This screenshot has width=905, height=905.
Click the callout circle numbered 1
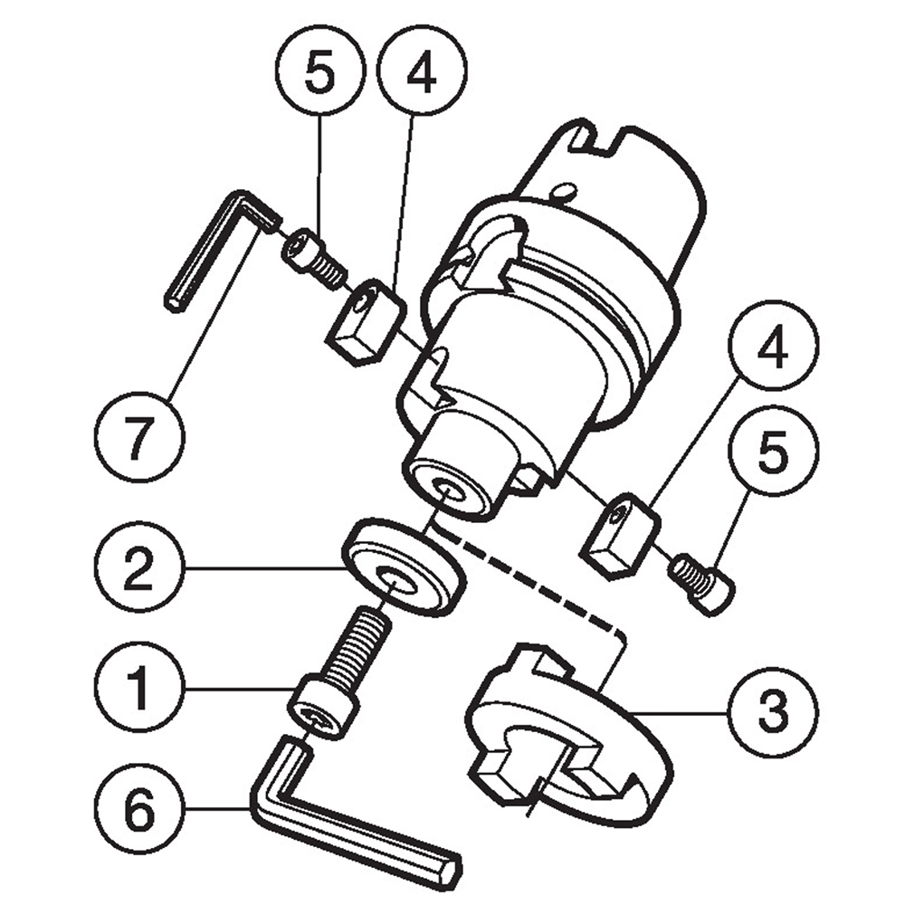pyautogui.click(x=139, y=687)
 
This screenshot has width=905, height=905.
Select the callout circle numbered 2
pyautogui.click(x=139, y=566)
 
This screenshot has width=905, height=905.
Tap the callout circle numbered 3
pyautogui.click(x=773, y=711)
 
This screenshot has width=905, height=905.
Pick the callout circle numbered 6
pyautogui.click(x=139, y=809)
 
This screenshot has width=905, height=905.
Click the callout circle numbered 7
pyautogui.click(x=139, y=436)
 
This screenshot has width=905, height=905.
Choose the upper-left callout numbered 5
pyautogui.click(x=320, y=71)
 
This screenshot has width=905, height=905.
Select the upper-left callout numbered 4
pyautogui.click(x=422, y=71)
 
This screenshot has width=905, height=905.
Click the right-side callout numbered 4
pyautogui.click(x=773, y=345)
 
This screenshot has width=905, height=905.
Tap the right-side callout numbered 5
pyautogui.click(x=773, y=449)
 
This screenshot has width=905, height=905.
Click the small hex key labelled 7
pyautogui.click(x=223, y=251)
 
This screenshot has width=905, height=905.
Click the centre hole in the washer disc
pyautogui.click(x=397, y=579)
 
